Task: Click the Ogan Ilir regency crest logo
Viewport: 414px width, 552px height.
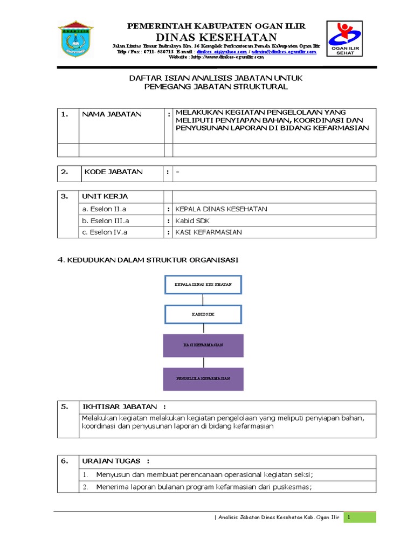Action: (x=75, y=40)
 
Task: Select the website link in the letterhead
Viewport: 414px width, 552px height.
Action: (x=216, y=57)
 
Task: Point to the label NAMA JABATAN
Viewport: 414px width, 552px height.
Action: (x=112, y=114)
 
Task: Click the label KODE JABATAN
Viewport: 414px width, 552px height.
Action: (x=113, y=172)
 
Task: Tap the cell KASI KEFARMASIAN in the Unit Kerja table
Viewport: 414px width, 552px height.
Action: (x=209, y=232)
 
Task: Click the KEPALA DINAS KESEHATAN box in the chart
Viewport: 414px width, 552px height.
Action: (x=203, y=284)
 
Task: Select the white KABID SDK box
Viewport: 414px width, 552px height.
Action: (x=203, y=314)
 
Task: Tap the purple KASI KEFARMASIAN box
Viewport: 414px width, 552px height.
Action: (x=203, y=345)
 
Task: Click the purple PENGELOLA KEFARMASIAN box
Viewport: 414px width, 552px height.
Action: (x=203, y=378)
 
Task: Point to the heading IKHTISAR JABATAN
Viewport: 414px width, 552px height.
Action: (x=123, y=407)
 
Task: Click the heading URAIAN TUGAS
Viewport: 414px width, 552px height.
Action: (x=115, y=461)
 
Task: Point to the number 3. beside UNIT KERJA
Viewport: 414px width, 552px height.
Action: (x=64, y=196)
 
